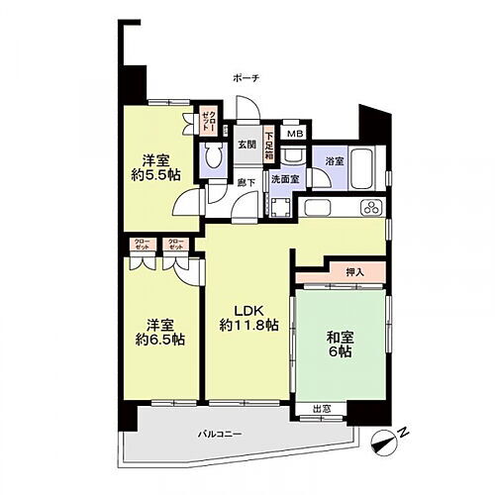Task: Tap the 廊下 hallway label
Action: tap(247, 181)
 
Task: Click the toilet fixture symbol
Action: tap(212, 159)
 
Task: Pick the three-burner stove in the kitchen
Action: tap(371, 208)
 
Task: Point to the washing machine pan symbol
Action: tap(281, 206)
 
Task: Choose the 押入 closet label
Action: tap(352, 271)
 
